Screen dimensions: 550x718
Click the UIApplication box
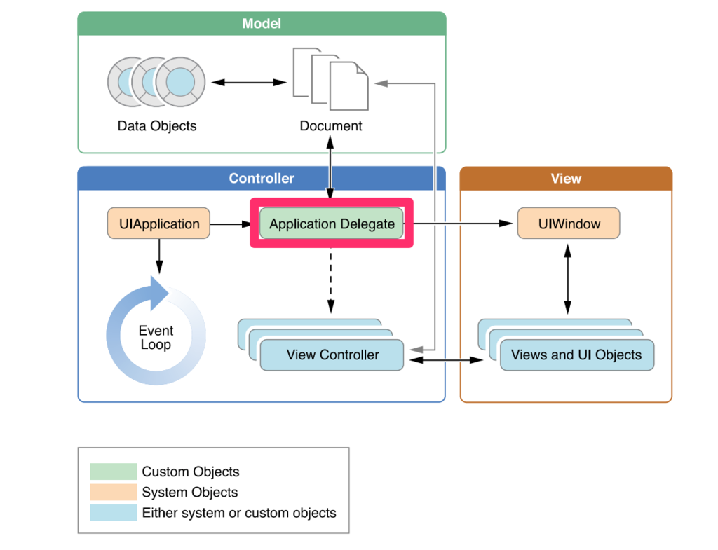(158, 224)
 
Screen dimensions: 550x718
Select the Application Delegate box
(332, 224)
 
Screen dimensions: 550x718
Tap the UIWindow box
(568, 224)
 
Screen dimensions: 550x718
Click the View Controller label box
(332, 355)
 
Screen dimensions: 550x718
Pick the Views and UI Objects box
(576, 355)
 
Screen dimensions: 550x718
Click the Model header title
(262, 24)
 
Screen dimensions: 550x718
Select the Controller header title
(262, 179)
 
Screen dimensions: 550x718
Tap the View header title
(566, 179)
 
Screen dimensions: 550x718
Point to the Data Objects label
(157, 126)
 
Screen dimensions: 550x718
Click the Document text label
(331, 126)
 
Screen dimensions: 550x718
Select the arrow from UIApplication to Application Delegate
(230, 224)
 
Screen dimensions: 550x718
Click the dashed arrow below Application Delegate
(331, 280)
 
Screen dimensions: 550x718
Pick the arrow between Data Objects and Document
(249, 83)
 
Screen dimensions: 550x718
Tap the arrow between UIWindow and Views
(568, 278)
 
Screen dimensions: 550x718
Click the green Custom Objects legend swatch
(113, 472)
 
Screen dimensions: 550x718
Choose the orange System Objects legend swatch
(113, 492)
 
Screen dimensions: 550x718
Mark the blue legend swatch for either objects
(113, 513)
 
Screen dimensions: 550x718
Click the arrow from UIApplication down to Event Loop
(159, 256)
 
